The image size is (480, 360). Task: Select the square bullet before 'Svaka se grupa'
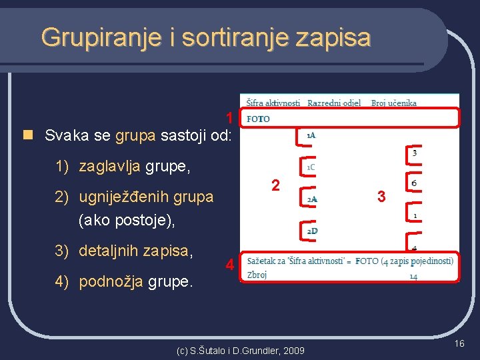coord(27,135)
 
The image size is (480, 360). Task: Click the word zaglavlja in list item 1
coord(109,166)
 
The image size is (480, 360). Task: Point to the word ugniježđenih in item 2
coord(123,197)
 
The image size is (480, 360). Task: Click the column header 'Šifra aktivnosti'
coord(273,103)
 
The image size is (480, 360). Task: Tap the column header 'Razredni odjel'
coord(334,103)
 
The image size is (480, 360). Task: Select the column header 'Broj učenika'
coord(394,103)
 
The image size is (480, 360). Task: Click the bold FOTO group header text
coord(258,119)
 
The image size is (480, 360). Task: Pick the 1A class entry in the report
coord(311,135)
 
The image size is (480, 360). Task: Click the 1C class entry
coord(311,167)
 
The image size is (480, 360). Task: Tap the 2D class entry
coord(311,231)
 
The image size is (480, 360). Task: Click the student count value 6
coord(415,183)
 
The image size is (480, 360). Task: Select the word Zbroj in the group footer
coord(257,275)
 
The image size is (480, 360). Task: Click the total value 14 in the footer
coord(413,275)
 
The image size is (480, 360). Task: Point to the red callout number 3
coord(381,197)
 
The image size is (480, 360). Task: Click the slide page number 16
coord(459,343)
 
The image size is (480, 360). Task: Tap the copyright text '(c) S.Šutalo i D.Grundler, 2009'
coord(240,350)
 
